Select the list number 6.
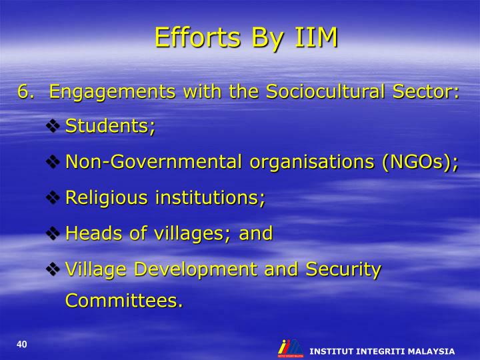point(25,91)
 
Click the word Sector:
point(424,91)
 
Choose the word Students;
point(111,127)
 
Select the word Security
point(343,269)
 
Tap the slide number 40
point(22,344)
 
